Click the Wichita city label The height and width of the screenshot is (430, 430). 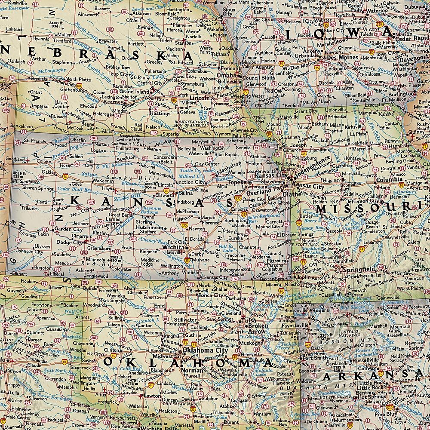coord(174,248)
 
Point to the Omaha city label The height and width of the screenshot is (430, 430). coord(226,75)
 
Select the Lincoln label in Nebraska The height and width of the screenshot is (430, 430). coord(199,98)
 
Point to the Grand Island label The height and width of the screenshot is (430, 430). coord(134,92)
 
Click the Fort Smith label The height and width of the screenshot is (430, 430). coord(314,357)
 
